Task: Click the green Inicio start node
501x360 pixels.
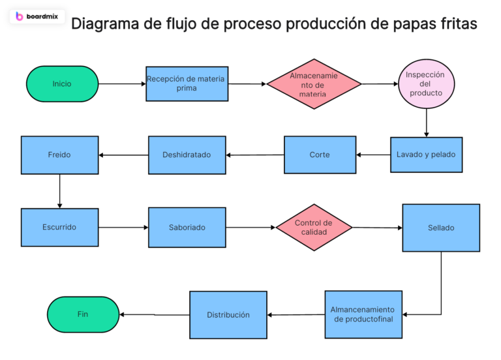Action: point(62,83)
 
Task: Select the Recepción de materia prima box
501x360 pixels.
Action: point(187,83)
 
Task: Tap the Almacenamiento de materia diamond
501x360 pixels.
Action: point(314,84)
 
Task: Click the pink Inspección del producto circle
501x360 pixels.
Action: point(426,83)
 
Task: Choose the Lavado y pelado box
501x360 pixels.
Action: point(426,155)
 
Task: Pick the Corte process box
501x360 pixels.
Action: point(320,155)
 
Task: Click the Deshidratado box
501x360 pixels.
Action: point(187,155)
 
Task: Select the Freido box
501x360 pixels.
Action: point(59,155)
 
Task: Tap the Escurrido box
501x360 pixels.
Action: point(59,227)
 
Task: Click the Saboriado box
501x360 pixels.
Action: point(187,227)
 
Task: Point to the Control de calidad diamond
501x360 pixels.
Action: point(314,227)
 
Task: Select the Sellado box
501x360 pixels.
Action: point(441,228)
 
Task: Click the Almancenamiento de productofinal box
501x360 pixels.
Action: point(363,314)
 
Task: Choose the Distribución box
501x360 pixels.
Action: point(228,314)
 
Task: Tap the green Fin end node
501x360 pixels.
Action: point(83,314)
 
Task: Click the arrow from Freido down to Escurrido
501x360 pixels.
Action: point(59,190)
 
